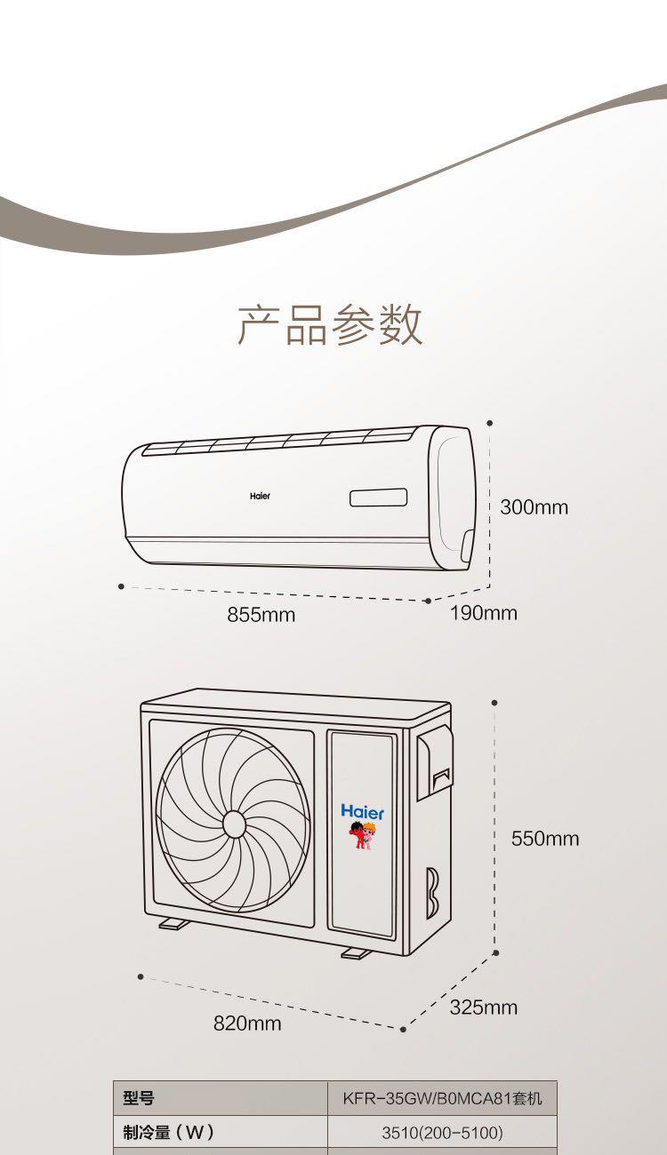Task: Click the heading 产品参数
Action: click(x=330, y=324)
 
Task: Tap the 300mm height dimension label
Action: click(x=534, y=507)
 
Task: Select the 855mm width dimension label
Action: click(x=261, y=614)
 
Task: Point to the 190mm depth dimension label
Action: click(x=483, y=613)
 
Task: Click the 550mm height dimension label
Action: click(x=544, y=839)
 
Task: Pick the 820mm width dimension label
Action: click(x=246, y=1024)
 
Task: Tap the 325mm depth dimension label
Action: click(x=483, y=1007)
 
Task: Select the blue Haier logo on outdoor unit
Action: click(x=363, y=812)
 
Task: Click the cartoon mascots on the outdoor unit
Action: click(x=362, y=835)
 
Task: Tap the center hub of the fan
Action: click(x=233, y=824)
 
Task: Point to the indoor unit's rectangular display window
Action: click(x=378, y=498)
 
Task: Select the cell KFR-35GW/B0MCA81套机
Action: click(x=442, y=1099)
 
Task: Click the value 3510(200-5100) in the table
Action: click(x=442, y=1133)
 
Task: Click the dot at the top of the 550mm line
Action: click(x=494, y=703)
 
